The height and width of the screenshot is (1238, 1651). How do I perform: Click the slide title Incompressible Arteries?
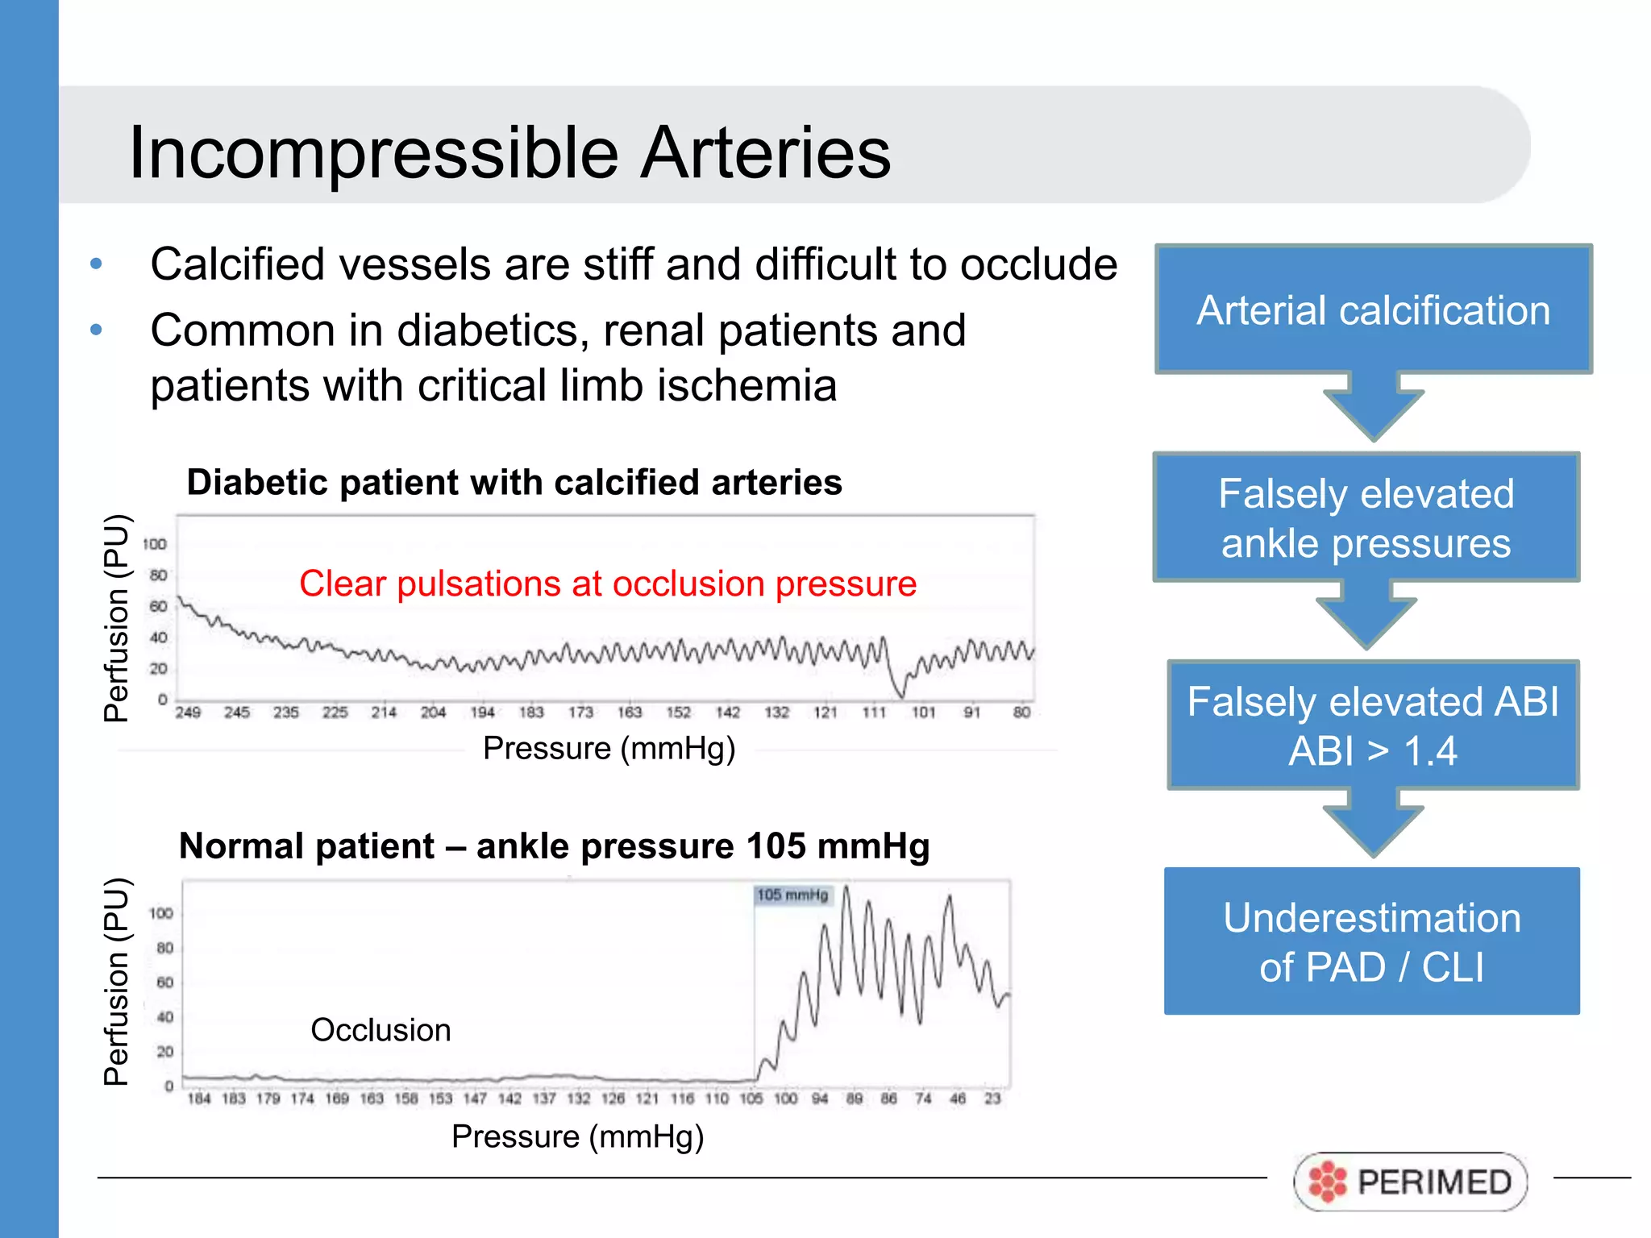click(509, 152)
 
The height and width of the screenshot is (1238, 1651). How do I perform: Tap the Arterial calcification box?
click(1373, 309)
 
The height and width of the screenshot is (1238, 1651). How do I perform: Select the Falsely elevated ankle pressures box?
click(1366, 517)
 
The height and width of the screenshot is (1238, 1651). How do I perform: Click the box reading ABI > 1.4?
click(1372, 725)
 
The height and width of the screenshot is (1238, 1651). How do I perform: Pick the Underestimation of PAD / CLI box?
click(1371, 941)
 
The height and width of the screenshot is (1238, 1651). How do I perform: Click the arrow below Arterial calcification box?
click(1373, 407)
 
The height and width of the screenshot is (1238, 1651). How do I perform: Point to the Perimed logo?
click(1410, 1182)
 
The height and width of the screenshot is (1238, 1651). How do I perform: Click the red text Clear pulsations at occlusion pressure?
click(608, 584)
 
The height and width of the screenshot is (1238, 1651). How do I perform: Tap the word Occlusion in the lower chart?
click(381, 1030)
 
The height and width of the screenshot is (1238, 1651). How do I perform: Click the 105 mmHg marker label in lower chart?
click(792, 895)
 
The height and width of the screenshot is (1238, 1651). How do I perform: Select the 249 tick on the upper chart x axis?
click(188, 712)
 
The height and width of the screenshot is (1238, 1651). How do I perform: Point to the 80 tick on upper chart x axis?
click(1021, 712)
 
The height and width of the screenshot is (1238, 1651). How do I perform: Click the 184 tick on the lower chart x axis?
click(198, 1099)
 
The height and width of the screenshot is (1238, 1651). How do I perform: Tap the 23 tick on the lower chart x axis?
click(992, 1099)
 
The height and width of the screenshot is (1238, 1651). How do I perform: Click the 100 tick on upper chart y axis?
click(154, 544)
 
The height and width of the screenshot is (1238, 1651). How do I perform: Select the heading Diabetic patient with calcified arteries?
click(514, 482)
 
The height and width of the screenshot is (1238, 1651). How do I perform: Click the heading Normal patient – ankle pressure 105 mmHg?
click(554, 846)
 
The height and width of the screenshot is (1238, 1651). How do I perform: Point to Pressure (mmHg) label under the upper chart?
click(609, 748)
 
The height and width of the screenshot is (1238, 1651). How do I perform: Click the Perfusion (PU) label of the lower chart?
click(116, 981)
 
